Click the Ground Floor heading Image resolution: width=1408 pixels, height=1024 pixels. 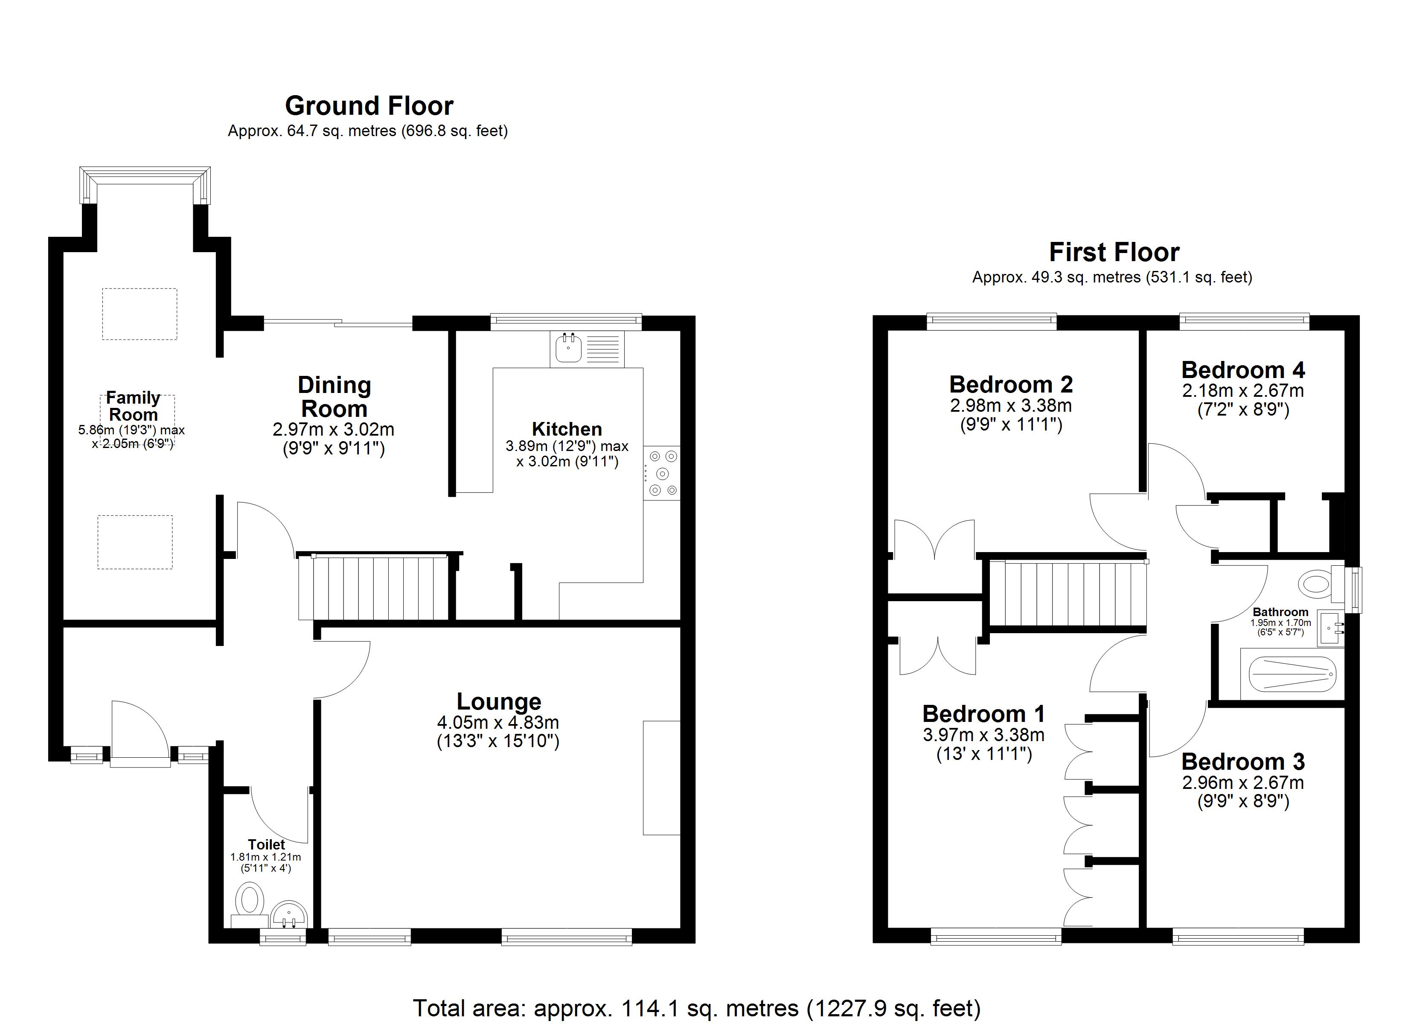[x=369, y=106]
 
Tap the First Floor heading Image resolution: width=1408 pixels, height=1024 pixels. [x=1114, y=252]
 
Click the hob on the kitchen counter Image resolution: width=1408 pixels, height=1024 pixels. [x=662, y=473]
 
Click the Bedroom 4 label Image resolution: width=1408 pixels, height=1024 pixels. [x=1243, y=370]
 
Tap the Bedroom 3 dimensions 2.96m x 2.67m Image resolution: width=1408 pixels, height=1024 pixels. [x=1243, y=783]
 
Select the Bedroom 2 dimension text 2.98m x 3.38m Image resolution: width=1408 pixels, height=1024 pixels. [x=1011, y=405]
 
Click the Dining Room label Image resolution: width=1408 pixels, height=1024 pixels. [x=334, y=397]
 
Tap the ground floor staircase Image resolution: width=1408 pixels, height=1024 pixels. [x=374, y=587]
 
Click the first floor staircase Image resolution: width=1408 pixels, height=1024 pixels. [x=1067, y=593]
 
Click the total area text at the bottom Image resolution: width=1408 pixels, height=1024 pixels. [x=697, y=1008]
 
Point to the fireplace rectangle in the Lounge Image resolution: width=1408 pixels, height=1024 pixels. [x=662, y=777]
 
